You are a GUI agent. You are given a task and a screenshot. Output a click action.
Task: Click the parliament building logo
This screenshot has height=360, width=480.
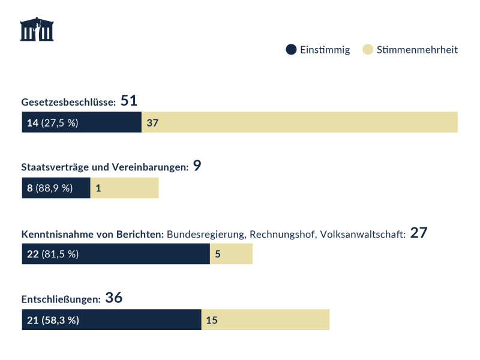pos(37,29)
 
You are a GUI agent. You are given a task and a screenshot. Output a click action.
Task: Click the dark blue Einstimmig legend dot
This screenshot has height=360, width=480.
pos(291,50)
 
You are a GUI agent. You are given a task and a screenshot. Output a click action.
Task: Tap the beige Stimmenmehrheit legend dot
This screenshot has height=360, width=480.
pos(368,50)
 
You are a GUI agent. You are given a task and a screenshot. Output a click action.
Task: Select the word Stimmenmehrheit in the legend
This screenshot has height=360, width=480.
pos(417,50)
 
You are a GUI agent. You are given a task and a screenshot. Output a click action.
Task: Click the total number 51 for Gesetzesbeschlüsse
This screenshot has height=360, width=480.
pos(130,101)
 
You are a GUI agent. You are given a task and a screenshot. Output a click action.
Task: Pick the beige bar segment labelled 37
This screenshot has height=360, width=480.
pos(299,122)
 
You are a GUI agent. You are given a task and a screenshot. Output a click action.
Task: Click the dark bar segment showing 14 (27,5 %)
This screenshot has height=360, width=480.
pos(82,122)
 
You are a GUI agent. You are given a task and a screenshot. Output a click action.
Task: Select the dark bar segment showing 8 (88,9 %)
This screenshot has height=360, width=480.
pos(56,188)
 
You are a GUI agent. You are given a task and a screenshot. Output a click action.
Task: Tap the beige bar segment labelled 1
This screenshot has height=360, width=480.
pos(124,188)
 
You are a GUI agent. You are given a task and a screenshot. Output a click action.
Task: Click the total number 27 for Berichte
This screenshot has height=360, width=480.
pos(418,232)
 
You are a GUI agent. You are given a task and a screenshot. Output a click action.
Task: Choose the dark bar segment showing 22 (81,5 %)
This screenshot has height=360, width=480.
pos(116,254)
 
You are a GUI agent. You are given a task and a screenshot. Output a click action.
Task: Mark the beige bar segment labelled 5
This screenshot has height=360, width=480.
pos(231,254)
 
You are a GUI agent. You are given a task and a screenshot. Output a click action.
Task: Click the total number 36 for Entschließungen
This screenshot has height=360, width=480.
pos(114,298)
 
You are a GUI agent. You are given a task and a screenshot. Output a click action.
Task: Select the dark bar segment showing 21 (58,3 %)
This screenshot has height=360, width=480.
pos(111,320)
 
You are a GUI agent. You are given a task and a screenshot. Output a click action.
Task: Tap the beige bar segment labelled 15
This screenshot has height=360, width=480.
pos(265,320)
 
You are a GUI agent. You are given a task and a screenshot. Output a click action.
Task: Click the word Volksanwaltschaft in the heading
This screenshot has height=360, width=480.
pos(363,233)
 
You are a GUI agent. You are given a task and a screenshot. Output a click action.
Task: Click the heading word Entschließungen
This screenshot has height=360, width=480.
pos(60,299)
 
